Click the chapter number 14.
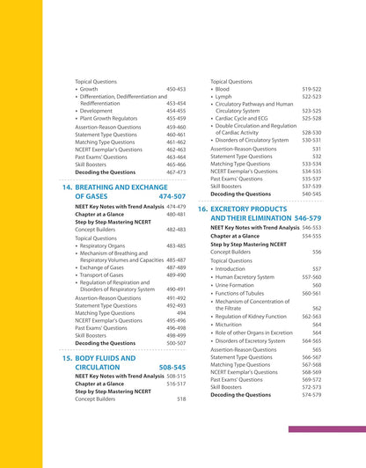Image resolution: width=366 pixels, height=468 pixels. click(66, 188)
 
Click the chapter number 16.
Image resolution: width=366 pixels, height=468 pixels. click(201, 208)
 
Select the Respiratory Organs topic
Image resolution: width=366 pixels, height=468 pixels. click(109, 246)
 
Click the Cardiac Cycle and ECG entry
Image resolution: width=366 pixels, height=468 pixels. click(245, 118)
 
